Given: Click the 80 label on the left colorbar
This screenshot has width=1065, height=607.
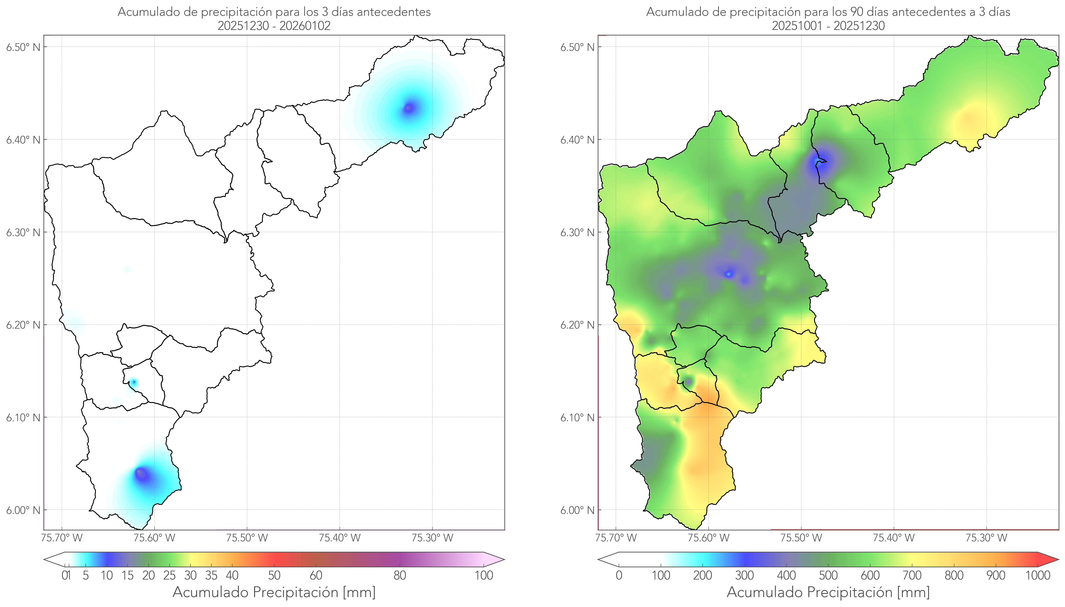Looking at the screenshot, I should tap(399, 575).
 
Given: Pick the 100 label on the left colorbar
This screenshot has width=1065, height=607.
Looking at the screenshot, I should tap(484, 575).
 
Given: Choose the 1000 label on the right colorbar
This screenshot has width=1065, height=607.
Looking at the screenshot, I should tap(1038, 575).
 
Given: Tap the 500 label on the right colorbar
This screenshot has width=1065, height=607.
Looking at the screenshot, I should tap(828, 575).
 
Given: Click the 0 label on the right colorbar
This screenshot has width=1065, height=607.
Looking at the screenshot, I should tap(619, 575).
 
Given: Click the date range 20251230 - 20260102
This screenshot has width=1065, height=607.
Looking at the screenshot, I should tap(274, 26).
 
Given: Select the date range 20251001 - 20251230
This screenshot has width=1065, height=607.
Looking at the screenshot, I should tap(828, 26).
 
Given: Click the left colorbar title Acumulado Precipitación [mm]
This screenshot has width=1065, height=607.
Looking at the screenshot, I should tap(274, 592).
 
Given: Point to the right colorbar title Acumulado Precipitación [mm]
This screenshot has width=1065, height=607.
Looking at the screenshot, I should tap(828, 592).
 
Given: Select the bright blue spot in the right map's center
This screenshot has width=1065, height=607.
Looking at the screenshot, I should tap(728, 274).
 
